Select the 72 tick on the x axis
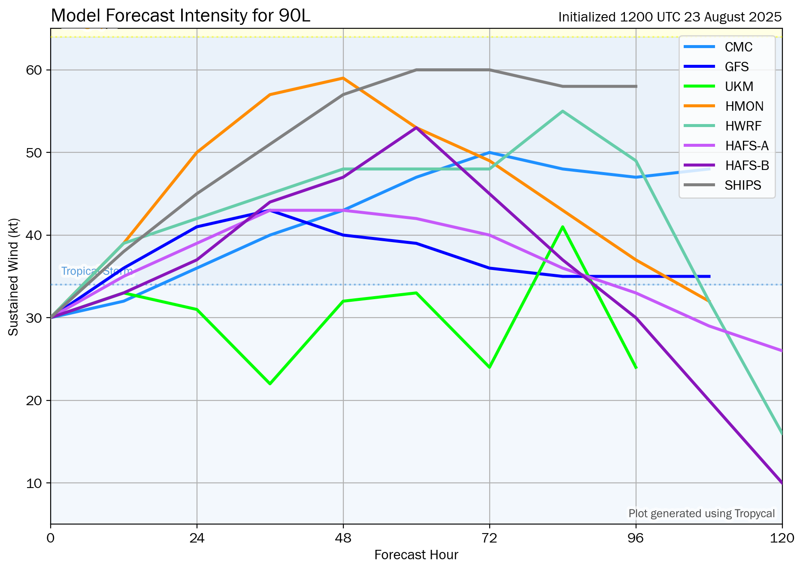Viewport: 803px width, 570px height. point(489,538)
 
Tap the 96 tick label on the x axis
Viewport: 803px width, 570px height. point(636,538)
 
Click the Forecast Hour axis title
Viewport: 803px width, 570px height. point(416,555)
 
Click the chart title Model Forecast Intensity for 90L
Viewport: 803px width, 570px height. point(180,16)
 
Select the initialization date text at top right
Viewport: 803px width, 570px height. point(670,17)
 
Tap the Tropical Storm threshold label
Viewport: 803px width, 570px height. point(97,271)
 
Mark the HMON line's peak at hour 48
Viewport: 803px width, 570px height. point(343,78)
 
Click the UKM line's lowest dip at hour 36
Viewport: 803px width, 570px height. point(270,384)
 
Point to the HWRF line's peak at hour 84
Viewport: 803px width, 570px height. point(562,111)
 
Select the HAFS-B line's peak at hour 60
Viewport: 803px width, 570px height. point(416,127)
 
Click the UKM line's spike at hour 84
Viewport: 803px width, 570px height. point(562,227)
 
